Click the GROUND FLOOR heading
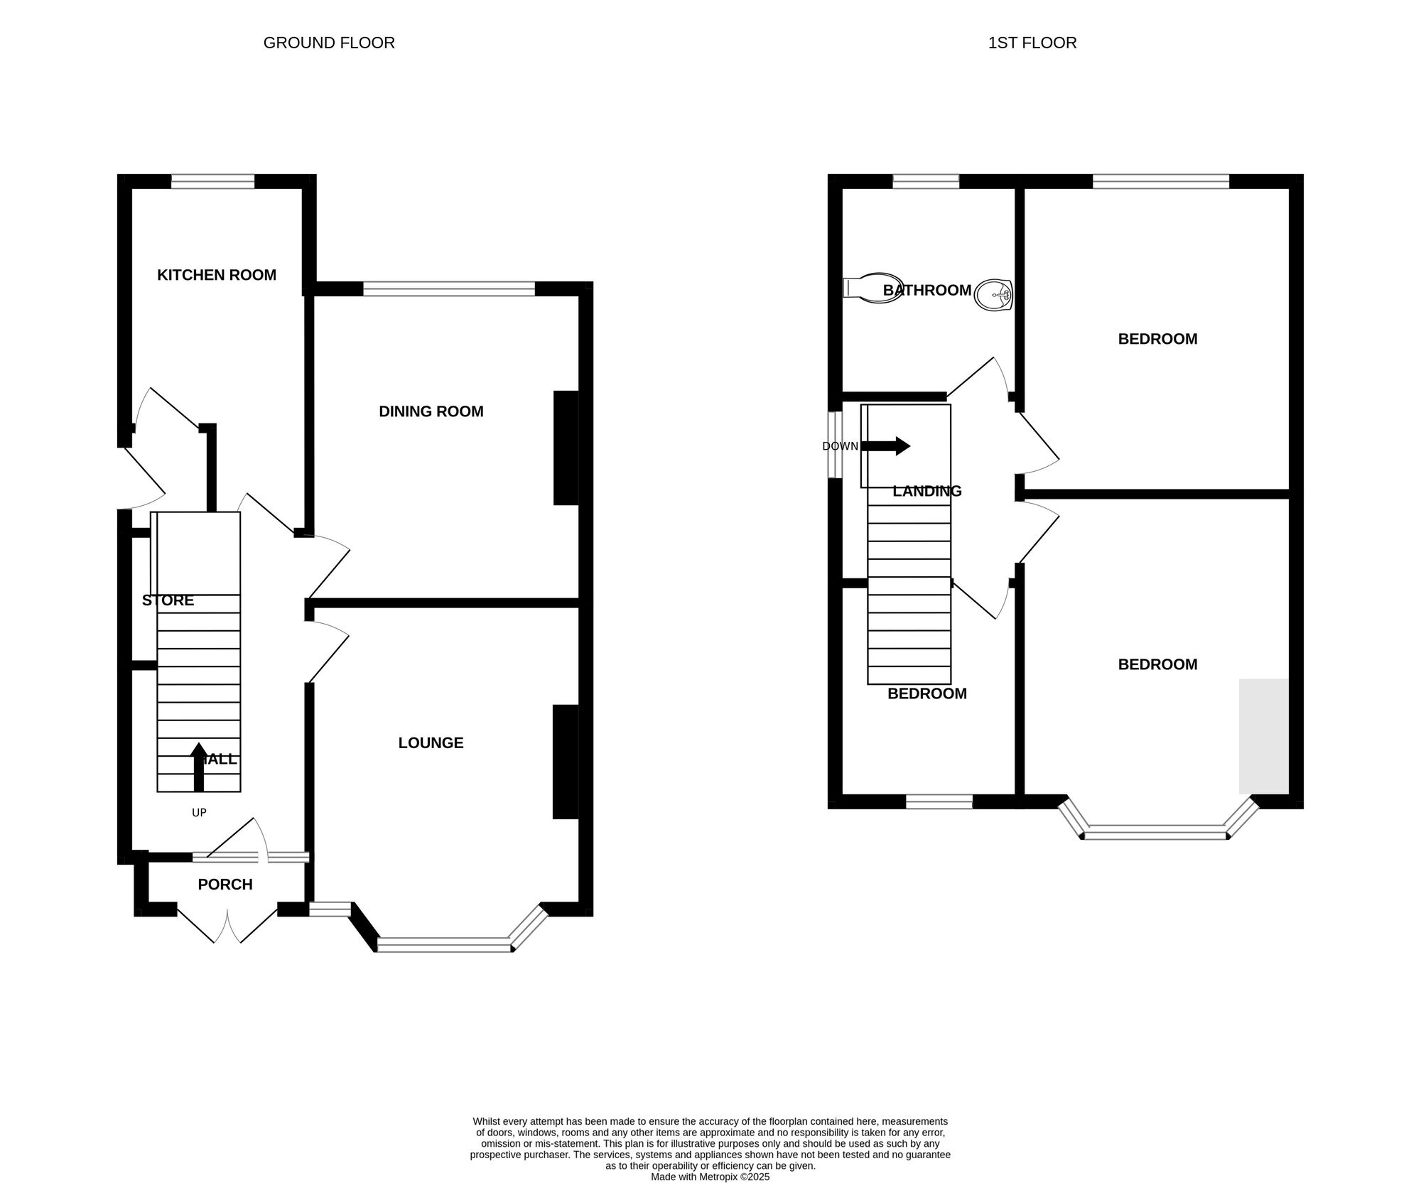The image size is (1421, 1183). (x=329, y=43)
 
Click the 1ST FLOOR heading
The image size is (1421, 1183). (x=1032, y=43)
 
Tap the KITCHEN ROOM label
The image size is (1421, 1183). (x=217, y=275)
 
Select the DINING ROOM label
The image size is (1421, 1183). (x=431, y=411)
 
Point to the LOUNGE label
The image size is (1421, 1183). (x=431, y=742)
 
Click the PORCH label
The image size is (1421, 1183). (x=225, y=885)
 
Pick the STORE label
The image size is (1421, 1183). (x=168, y=600)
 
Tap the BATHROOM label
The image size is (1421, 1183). (x=927, y=290)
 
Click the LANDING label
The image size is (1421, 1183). (x=927, y=491)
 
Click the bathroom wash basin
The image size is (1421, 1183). (x=993, y=295)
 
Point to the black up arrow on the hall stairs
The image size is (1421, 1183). (x=199, y=767)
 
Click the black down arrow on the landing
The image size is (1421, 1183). (x=885, y=446)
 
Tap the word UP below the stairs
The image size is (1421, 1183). (x=199, y=812)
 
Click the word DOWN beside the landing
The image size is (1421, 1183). (x=840, y=446)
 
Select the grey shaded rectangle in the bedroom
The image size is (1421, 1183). (x=1264, y=736)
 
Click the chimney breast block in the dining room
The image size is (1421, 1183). (x=566, y=448)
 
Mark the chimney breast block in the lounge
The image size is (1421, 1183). (x=566, y=762)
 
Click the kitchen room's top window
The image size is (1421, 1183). (x=212, y=181)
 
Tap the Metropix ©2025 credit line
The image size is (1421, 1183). (x=710, y=1177)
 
